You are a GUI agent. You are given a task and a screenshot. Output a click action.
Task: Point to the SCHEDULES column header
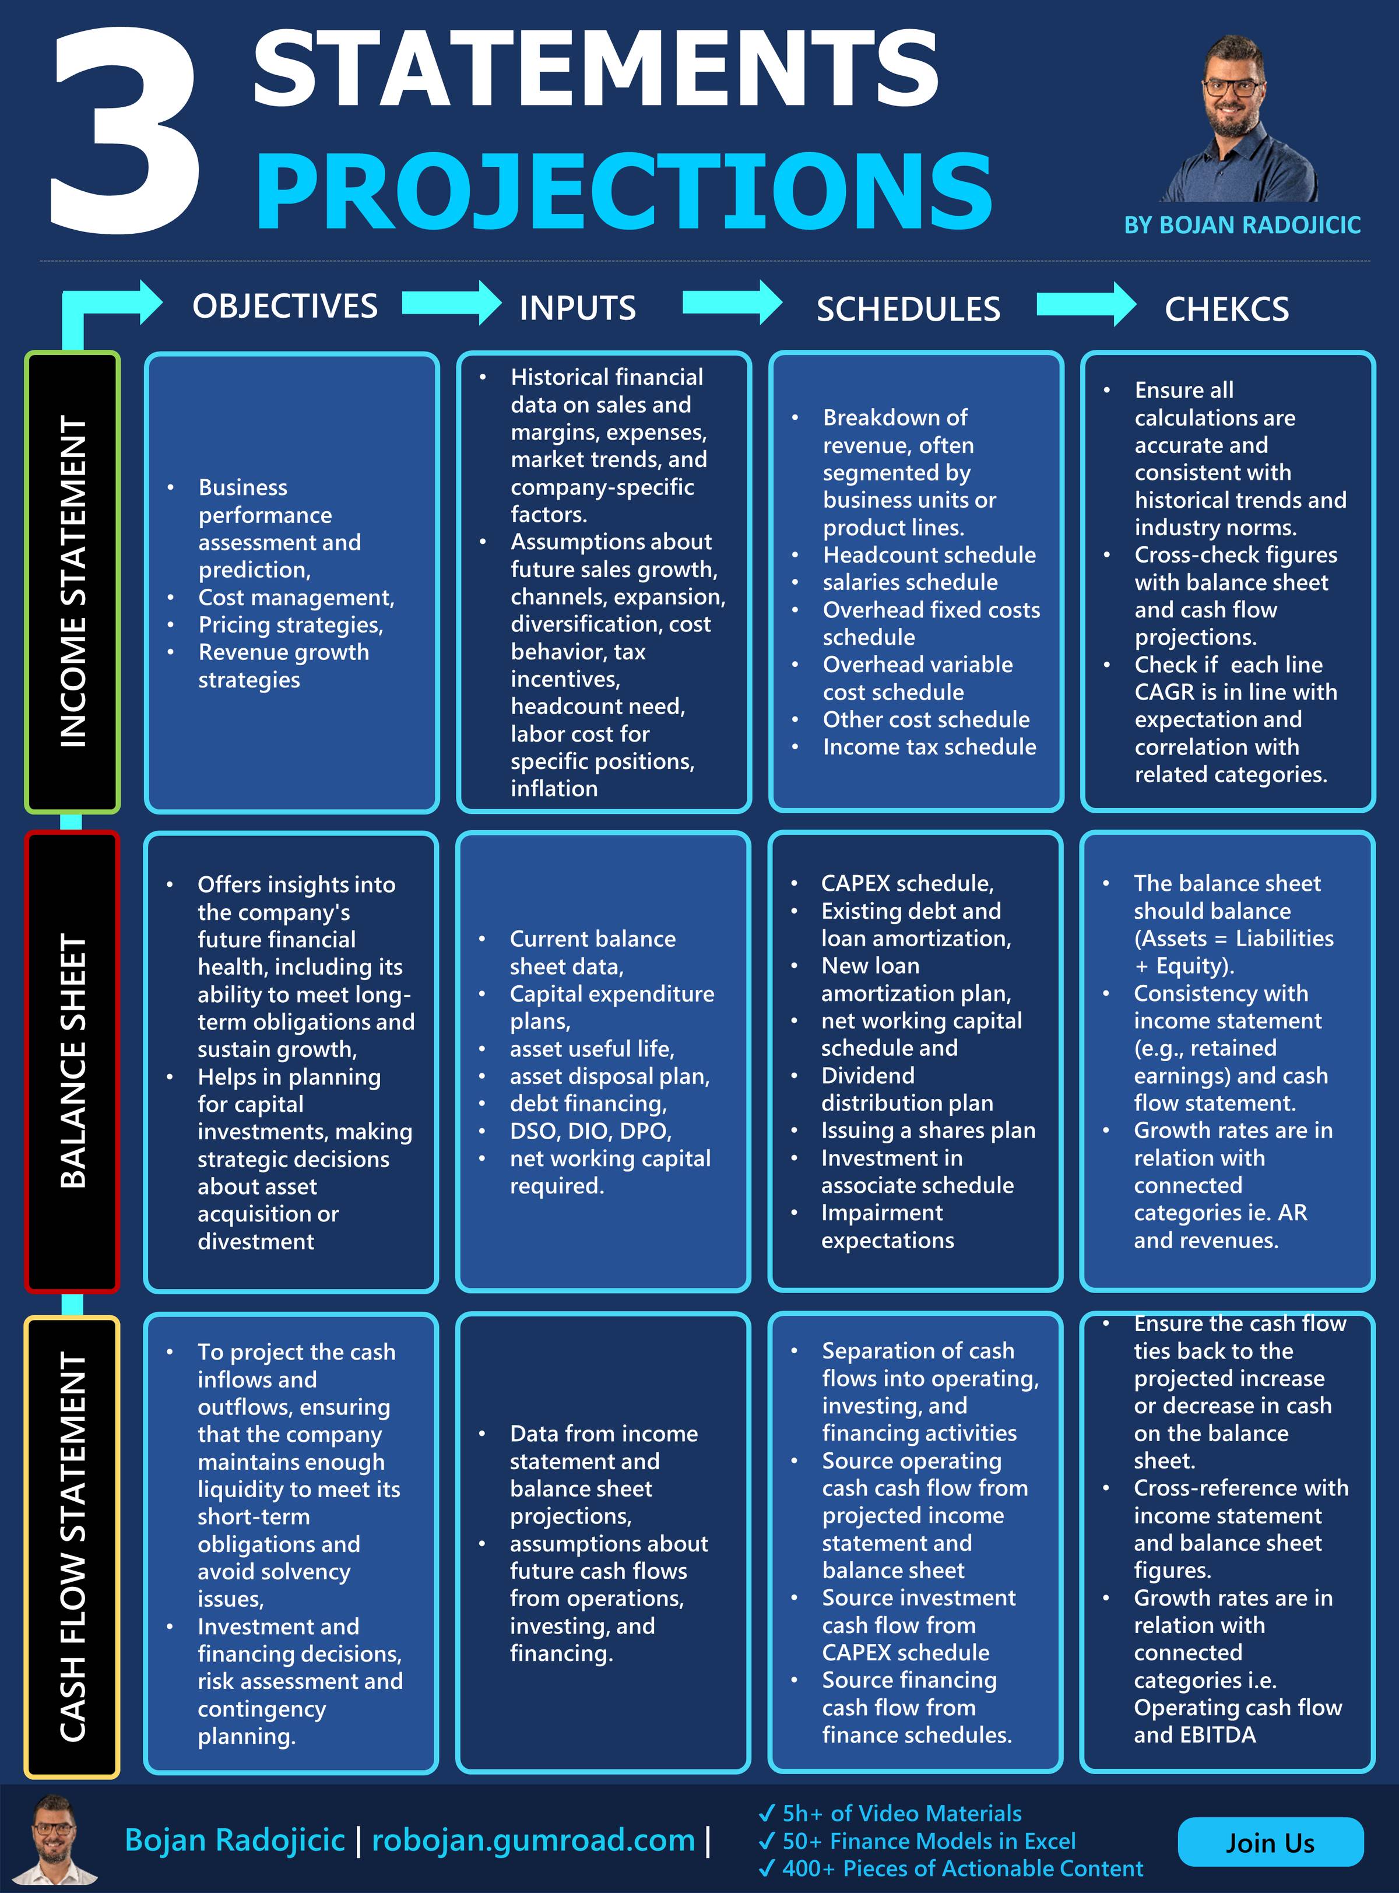pyautogui.click(x=908, y=309)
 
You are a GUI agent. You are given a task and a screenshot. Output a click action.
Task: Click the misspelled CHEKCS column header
pyautogui.click(x=1226, y=309)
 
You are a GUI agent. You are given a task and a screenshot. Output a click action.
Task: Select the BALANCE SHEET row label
pyautogui.click(x=73, y=1060)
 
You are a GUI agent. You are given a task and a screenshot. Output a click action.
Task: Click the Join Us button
pyautogui.click(x=1270, y=1842)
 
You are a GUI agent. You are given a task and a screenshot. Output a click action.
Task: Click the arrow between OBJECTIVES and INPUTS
pyautogui.click(x=451, y=303)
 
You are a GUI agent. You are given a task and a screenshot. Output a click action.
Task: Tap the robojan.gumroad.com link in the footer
pyautogui.click(x=533, y=1839)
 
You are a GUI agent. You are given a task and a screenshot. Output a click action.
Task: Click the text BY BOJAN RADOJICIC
pyautogui.click(x=1242, y=225)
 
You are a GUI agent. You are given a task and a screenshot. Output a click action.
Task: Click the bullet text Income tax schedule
pyautogui.click(x=929, y=746)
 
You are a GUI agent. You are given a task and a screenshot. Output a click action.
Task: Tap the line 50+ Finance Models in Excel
pyautogui.click(x=928, y=1841)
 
